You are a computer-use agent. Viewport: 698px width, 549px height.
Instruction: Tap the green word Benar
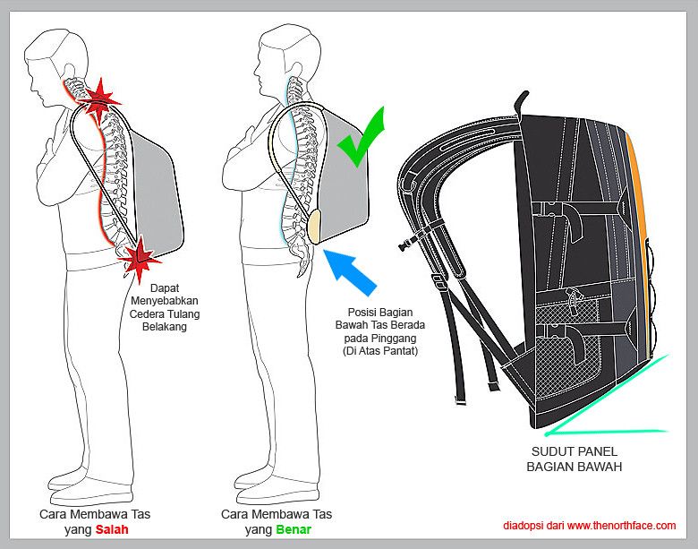(293, 529)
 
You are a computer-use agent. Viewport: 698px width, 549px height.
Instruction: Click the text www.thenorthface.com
(621, 526)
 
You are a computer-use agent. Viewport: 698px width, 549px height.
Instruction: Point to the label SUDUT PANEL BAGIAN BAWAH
(572, 459)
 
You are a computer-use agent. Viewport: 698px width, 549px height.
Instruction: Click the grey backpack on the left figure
(157, 188)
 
